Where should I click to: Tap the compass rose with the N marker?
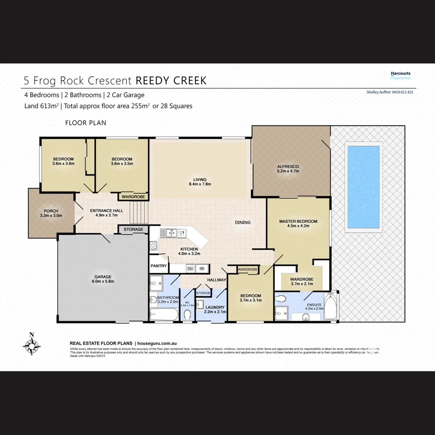(31, 345)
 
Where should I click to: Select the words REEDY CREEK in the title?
(171, 80)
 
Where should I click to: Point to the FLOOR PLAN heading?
(86, 122)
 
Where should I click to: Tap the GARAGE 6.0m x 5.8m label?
(104, 279)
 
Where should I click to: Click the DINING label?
(242, 222)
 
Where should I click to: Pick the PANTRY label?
(159, 266)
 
